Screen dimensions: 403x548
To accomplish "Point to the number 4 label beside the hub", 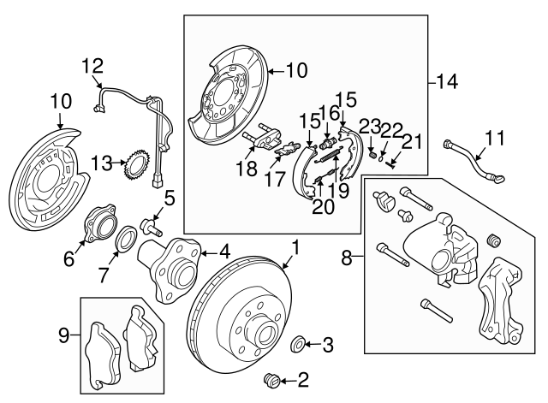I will [226, 252].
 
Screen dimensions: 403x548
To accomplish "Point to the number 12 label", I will [92, 65].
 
